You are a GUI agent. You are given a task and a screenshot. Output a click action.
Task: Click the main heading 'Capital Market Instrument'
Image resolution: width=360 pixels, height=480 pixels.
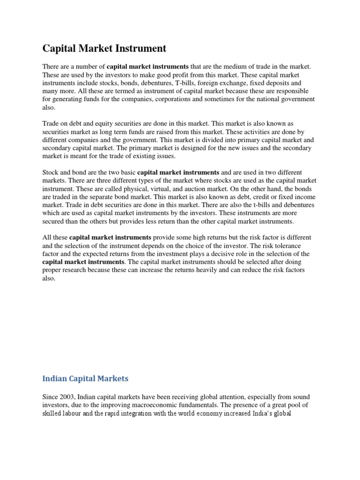click(105, 48)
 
